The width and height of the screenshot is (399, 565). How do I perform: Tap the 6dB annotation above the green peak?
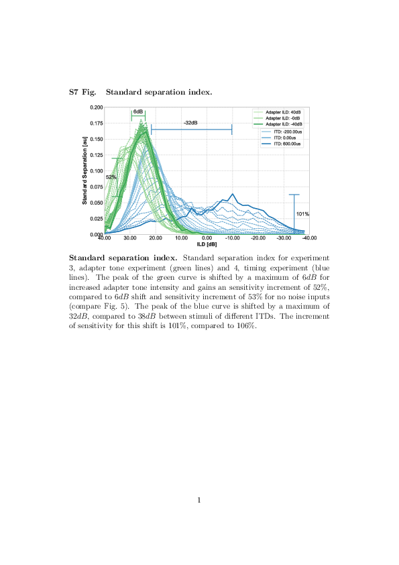point(138,111)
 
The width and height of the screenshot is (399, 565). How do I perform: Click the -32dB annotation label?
point(190,122)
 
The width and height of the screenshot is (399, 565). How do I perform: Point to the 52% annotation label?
point(111,176)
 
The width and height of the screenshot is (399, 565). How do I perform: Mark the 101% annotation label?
point(302,214)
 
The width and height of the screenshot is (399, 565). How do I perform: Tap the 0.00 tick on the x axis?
point(207,238)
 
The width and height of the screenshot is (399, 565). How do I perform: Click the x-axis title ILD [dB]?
point(207,244)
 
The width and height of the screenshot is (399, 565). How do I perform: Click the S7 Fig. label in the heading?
point(84,92)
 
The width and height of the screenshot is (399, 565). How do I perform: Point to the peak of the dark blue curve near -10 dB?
point(233,195)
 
